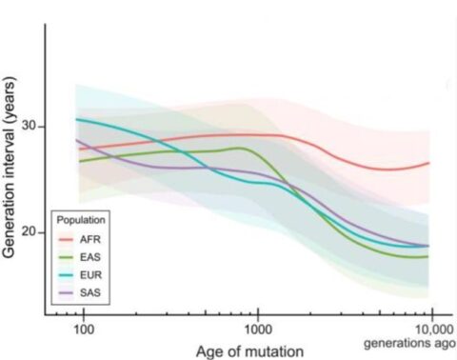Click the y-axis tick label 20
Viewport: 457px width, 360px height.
[x=29, y=232]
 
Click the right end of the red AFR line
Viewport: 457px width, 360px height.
[x=431, y=163]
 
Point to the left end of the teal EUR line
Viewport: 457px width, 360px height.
[x=77, y=119]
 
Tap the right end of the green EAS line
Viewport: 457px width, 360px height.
[x=431, y=255]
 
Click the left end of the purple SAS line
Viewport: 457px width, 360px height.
[x=77, y=140]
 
